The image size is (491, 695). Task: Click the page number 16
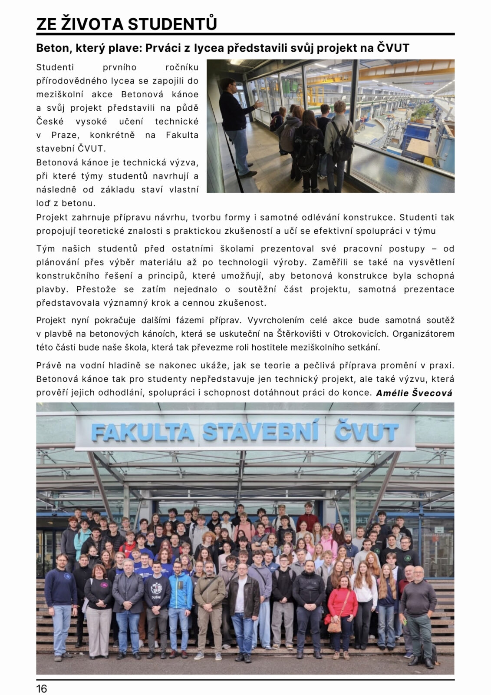42,688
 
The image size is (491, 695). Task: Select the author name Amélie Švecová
414,393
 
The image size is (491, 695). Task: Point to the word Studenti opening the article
55,67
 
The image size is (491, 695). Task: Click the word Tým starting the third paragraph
46,248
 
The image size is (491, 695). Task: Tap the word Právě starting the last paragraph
49,365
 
